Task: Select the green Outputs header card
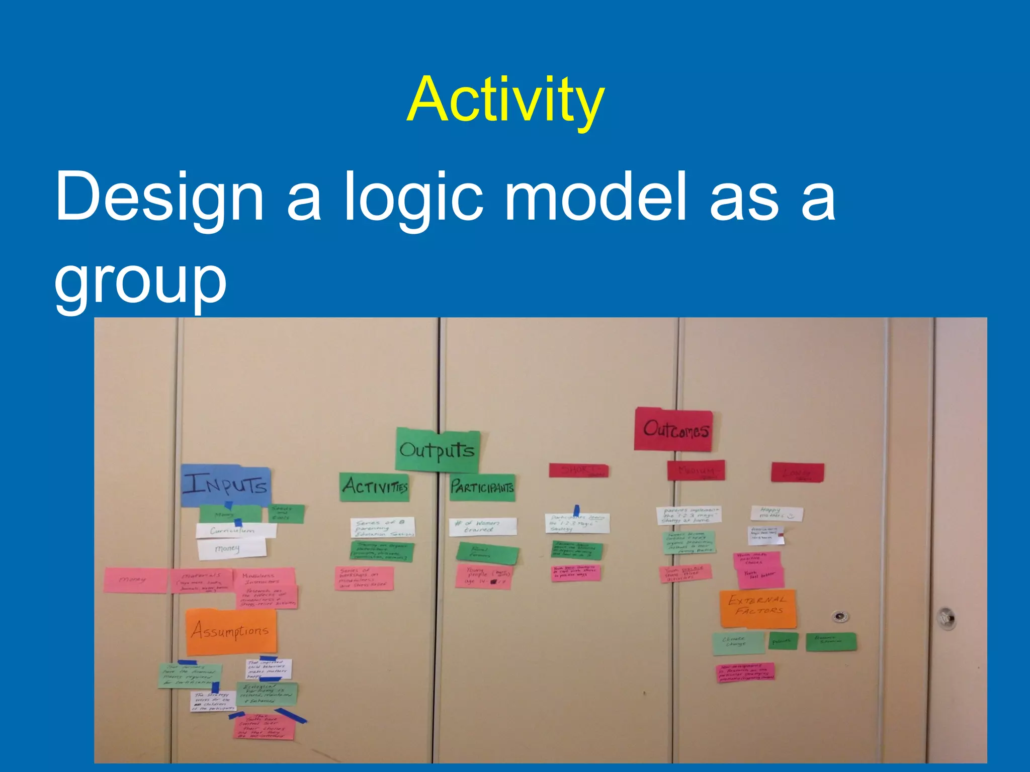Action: pyautogui.click(x=437, y=450)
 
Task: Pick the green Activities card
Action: pyautogui.click(x=375, y=487)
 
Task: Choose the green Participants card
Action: pyautogui.click(x=482, y=487)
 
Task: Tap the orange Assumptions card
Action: pyautogui.click(x=231, y=631)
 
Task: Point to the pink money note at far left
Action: pyautogui.click(x=134, y=580)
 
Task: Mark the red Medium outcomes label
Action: pyautogui.click(x=696, y=470)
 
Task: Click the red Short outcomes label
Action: pyautogui.click(x=578, y=470)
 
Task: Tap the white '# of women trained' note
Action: pyautogui.click(x=482, y=527)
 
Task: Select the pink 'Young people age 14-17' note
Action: pyautogui.click(x=483, y=576)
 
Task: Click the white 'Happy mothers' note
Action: pyautogui.click(x=776, y=514)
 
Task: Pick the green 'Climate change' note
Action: pyautogui.click(x=737, y=643)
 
